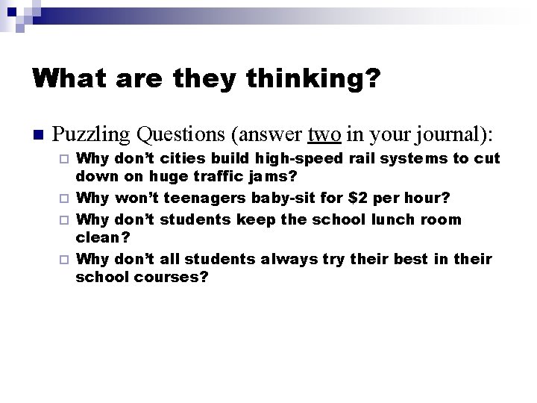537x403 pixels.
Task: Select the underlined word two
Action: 324,134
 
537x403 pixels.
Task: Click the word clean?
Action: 103,239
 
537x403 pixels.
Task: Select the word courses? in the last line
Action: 171,278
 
